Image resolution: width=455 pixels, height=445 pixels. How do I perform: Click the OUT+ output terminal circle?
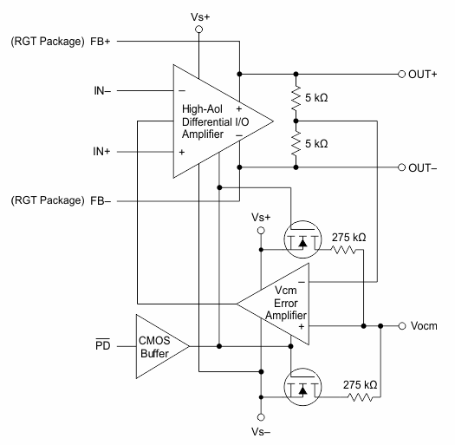[401, 74]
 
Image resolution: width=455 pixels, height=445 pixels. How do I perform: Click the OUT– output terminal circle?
[401, 167]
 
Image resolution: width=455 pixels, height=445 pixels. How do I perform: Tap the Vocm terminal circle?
[402, 326]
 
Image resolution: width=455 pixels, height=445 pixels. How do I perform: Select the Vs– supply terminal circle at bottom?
[261, 417]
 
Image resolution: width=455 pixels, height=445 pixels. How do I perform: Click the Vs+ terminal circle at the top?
[199, 29]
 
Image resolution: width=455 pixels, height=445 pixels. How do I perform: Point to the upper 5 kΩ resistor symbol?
[296, 98]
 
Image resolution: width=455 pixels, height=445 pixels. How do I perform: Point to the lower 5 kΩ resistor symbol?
[296, 144]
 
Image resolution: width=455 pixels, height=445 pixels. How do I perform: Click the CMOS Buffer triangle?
[163, 346]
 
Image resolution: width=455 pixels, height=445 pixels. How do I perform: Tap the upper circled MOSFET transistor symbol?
[302, 239]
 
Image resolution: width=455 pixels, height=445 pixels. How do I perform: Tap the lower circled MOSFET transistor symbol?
[302, 387]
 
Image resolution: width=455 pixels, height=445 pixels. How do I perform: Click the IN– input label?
[102, 91]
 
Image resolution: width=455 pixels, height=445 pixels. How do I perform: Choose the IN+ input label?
[101, 151]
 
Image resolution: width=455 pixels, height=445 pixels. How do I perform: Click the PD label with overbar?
[103, 344]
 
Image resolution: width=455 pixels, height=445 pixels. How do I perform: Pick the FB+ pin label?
[101, 42]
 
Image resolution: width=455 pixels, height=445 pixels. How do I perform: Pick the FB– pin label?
[101, 200]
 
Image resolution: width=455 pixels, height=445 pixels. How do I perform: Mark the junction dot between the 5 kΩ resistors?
[296, 121]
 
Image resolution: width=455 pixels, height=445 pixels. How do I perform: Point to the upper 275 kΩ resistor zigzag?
[343, 250]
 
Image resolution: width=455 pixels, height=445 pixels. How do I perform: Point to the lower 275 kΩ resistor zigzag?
[361, 397]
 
